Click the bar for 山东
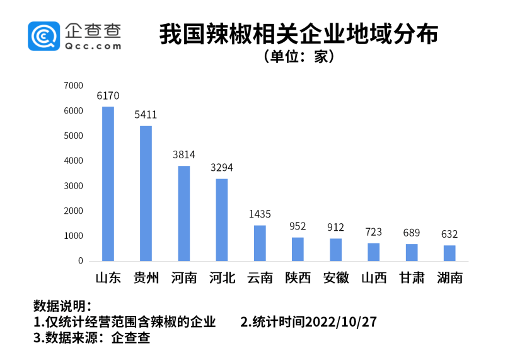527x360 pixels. pyautogui.click(x=108, y=183)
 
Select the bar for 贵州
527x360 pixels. pyautogui.click(x=146, y=193)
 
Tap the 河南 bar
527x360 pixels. pyautogui.click(x=184, y=213)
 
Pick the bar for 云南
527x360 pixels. pyautogui.click(x=260, y=243)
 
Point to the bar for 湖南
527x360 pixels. pyautogui.click(x=449, y=253)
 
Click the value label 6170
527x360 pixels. pyautogui.click(x=108, y=96)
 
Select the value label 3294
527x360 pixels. pyautogui.click(x=222, y=168)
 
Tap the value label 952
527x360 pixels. pyautogui.click(x=298, y=226)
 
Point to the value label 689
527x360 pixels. pyautogui.click(x=412, y=233)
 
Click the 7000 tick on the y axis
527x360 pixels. pyautogui.click(x=74, y=85)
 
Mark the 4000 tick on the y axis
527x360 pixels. pyautogui.click(x=74, y=161)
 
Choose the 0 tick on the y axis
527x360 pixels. pyautogui.click(x=81, y=260)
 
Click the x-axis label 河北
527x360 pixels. pyautogui.click(x=222, y=278)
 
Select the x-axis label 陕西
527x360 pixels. pyautogui.click(x=298, y=278)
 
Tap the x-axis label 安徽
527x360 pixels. pyautogui.click(x=336, y=278)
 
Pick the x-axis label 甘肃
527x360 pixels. pyautogui.click(x=412, y=278)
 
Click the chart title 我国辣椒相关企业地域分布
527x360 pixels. pyautogui.click(x=298, y=34)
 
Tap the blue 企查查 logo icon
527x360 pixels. pyautogui.click(x=43, y=35)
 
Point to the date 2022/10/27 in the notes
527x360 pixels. pyautogui.click(x=340, y=322)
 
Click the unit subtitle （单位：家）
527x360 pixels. pyautogui.click(x=298, y=57)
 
